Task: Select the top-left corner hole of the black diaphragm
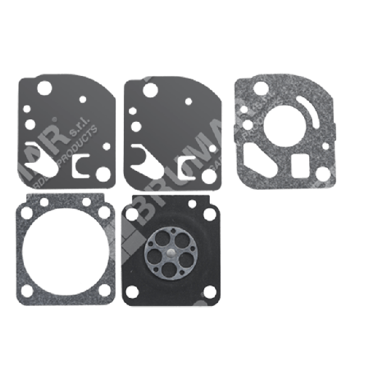[133, 214]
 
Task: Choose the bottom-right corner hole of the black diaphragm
[209, 291]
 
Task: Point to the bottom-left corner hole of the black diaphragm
[133, 291]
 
